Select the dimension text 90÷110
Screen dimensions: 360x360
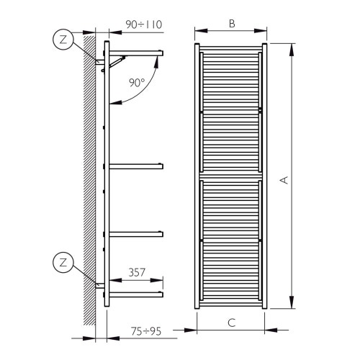[142, 24]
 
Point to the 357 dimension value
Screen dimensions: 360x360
[138, 274]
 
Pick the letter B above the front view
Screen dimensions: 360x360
[232, 23]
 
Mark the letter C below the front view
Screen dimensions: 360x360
[232, 323]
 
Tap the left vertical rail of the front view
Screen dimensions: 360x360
[197, 176]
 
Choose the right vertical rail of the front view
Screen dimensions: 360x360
[266, 176]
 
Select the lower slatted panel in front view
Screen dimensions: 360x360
[232, 241]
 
